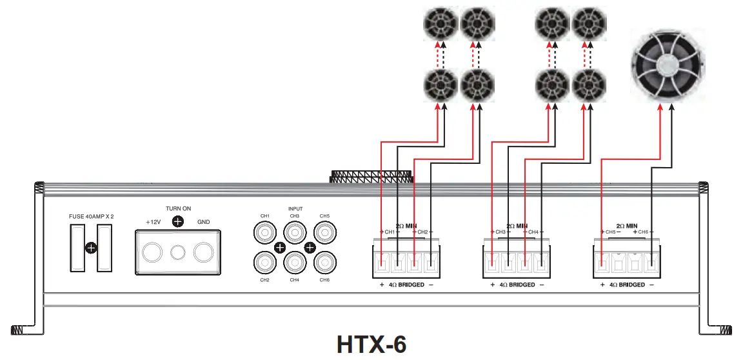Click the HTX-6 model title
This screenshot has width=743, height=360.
click(371, 343)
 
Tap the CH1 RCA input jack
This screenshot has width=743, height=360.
click(264, 232)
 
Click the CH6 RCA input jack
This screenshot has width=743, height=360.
click(324, 262)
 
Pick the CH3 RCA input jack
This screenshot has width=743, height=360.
click(295, 232)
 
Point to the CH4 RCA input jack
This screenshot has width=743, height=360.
click(295, 262)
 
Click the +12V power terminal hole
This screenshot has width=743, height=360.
click(153, 252)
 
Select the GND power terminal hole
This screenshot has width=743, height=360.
click(204, 252)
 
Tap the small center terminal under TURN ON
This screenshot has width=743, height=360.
click(178, 252)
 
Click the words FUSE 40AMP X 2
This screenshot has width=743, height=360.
click(92, 216)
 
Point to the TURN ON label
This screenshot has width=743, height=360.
click(178, 208)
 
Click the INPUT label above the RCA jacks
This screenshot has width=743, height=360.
click(295, 209)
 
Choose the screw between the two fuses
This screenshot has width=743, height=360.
click(92, 247)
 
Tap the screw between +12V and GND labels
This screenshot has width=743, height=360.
click(178, 221)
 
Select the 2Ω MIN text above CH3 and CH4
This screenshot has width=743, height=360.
click(517, 226)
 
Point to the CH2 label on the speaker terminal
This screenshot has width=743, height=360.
click(422, 232)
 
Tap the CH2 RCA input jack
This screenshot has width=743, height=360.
click(264, 262)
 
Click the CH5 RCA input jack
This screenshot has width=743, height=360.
click(324, 232)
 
